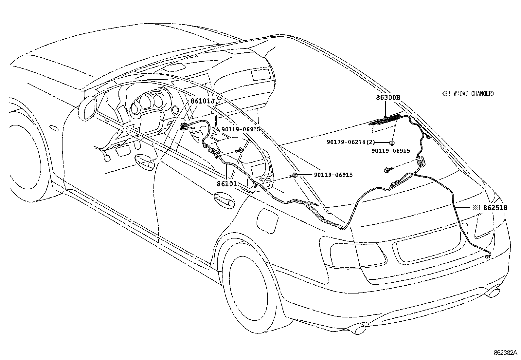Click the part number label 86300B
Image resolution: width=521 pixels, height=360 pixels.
(x=388, y=97)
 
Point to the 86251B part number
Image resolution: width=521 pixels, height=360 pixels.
(x=495, y=207)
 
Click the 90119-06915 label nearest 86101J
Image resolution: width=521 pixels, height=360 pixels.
(x=241, y=129)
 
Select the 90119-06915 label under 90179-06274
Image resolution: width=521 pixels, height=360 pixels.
(x=390, y=151)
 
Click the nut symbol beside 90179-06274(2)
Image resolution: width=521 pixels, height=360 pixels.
(x=391, y=143)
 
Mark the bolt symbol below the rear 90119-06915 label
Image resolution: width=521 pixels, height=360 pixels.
(x=388, y=169)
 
